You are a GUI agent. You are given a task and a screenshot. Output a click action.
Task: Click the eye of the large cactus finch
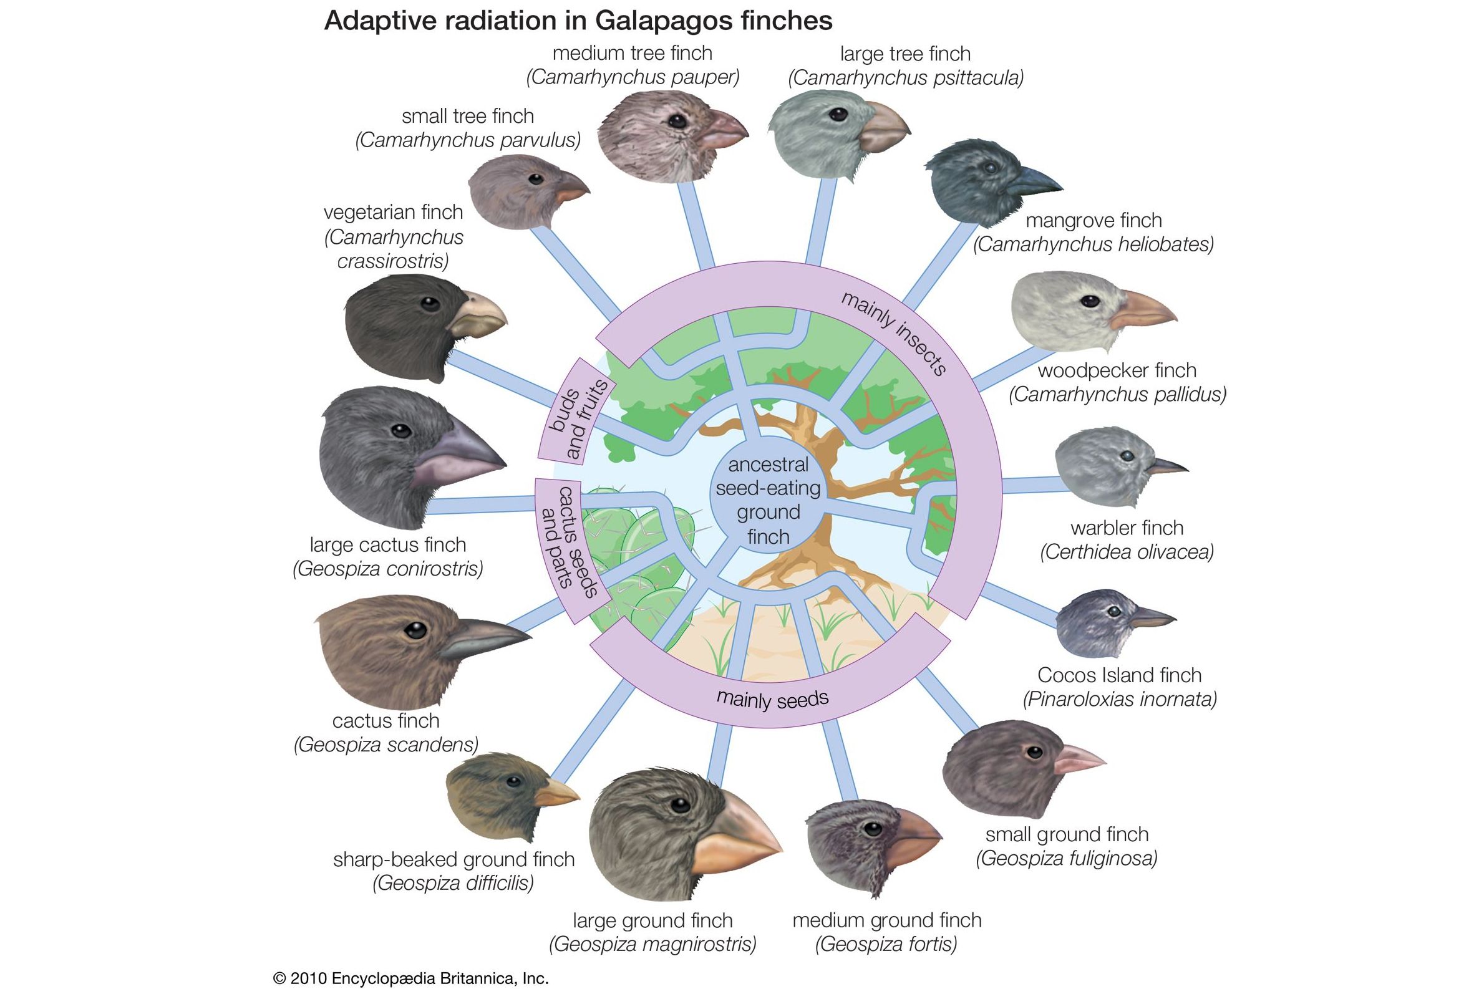(x=400, y=431)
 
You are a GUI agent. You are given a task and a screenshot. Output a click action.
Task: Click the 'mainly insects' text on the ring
(x=895, y=334)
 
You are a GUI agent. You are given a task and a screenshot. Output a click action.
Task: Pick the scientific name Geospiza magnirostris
(x=652, y=944)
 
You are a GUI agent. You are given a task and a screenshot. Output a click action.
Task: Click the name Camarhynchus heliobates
(x=1093, y=244)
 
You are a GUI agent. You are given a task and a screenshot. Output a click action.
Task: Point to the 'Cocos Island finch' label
(x=1119, y=675)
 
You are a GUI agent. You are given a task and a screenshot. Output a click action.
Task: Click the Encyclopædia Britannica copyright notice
(x=410, y=978)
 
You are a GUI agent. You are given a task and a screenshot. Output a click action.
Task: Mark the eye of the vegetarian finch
(x=430, y=304)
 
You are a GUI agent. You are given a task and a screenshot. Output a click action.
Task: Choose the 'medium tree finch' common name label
(x=633, y=53)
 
